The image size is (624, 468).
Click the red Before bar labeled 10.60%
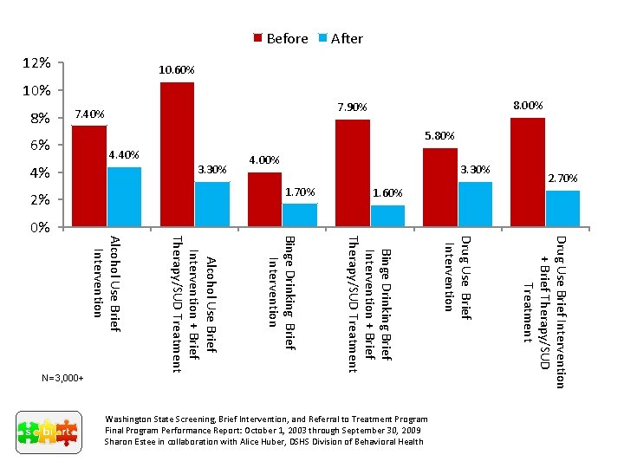click(x=177, y=154)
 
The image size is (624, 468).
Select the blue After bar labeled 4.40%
click(x=124, y=197)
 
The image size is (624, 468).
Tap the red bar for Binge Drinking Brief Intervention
click(x=264, y=199)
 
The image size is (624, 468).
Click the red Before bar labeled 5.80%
click(x=440, y=187)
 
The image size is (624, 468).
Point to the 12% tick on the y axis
click(x=36, y=63)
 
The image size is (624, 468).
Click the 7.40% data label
click(x=89, y=114)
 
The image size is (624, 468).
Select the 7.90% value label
click(x=352, y=107)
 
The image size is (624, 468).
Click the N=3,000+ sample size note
click(x=62, y=379)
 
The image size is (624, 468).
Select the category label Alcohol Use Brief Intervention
click(x=107, y=282)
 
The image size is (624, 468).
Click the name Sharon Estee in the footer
click(x=130, y=441)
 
